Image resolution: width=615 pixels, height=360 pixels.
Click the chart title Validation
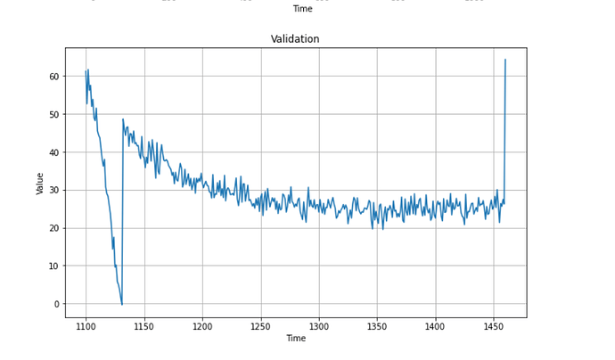(x=295, y=39)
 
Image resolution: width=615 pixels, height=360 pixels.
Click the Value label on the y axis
(x=40, y=182)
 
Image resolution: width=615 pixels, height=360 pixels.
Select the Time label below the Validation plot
(x=295, y=339)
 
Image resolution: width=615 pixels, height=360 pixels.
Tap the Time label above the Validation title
(x=302, y=9)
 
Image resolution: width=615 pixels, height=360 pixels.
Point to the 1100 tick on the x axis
(x=86, y=327)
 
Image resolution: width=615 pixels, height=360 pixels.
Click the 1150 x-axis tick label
(x=144, y=327)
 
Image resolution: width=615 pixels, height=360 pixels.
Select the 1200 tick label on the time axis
(x=202, y=327)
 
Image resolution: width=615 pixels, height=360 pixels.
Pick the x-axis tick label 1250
(x=260, y=327)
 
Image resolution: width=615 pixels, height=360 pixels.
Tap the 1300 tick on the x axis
(x=319, y=327)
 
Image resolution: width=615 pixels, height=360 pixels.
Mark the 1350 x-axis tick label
(x=377, y=327)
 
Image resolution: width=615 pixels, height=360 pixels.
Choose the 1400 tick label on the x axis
(x=435, y=327)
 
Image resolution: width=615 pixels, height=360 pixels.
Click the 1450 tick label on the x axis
(x=494, y=327)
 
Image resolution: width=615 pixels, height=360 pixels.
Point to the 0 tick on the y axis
(x=57, y=304)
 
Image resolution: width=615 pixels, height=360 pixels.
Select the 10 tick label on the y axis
(x=54, y=266)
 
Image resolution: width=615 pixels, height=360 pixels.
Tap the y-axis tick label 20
(x=54, y=228)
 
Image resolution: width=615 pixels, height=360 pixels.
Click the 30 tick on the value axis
(x=54, y=191)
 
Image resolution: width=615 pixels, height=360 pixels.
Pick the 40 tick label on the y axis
(x=54, y=152)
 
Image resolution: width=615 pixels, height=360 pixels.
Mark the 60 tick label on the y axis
(x=54, y=77)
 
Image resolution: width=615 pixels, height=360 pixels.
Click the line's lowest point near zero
(x=122, y=305)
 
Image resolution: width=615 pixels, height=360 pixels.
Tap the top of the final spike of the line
(x=505, y=60)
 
